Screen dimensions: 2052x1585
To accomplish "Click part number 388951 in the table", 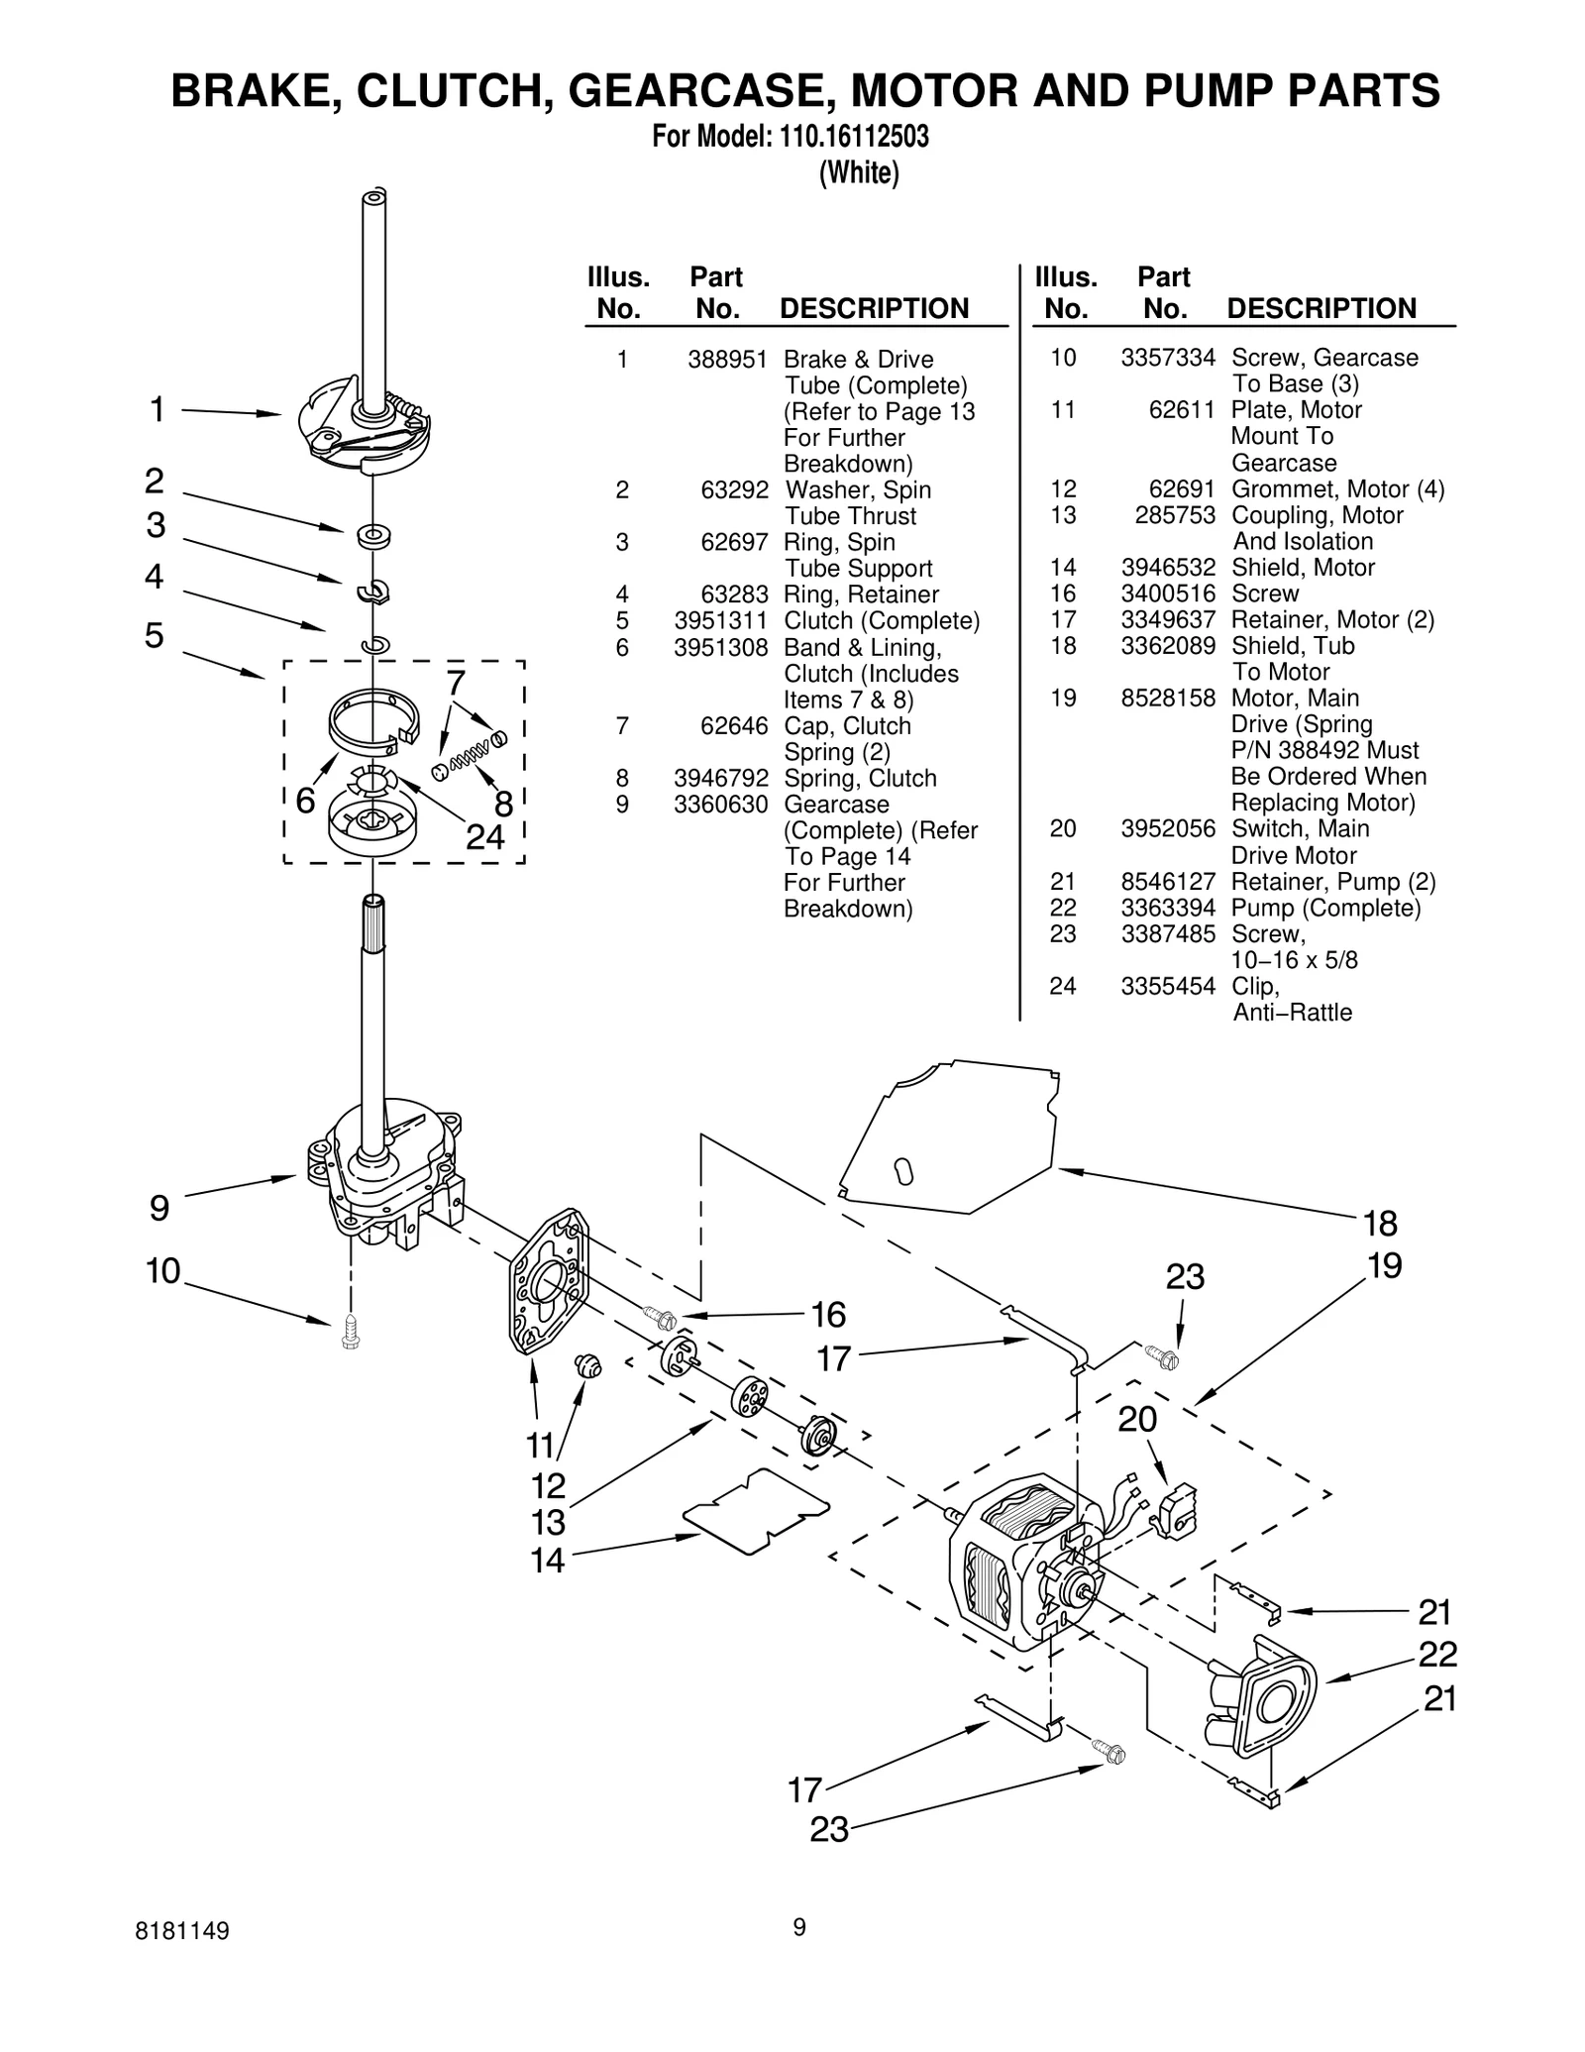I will [728, 360].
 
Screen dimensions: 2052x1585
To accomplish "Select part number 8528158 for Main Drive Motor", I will [1168, 698].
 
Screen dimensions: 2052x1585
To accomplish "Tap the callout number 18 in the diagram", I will [1380, 1225].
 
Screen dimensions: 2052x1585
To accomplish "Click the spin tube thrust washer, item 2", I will [373, 536].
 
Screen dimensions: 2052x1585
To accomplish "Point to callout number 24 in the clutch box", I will [485, 837].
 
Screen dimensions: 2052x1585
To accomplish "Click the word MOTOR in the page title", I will [933, 91].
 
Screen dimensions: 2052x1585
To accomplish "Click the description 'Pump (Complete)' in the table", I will [1325, 908].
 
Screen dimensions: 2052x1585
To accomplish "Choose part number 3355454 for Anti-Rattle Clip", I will [1168, 986].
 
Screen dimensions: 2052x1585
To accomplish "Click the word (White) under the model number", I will [859, 172].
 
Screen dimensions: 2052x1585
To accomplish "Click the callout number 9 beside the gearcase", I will [159, 1208].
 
